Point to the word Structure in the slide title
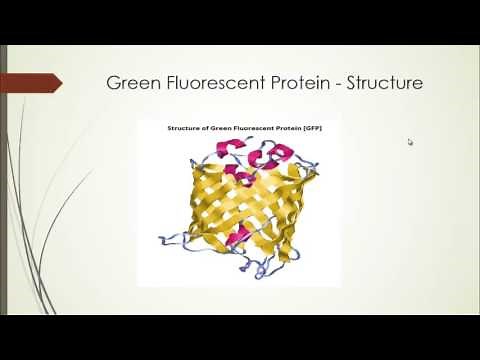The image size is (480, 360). (x=384, y=83)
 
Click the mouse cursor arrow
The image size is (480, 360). (x=410, y=142)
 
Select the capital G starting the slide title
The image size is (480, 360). (x=113, y=83)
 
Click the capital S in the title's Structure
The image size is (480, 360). (x=353, y=83)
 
